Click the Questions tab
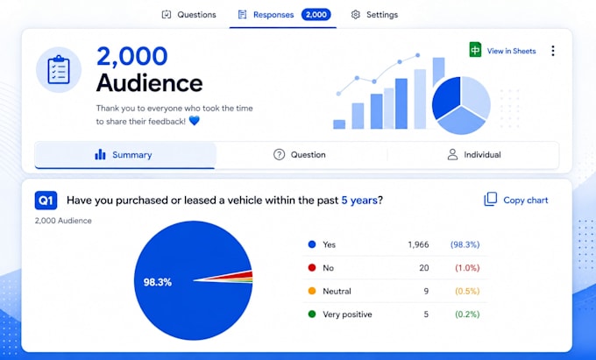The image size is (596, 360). [x=189, y=15]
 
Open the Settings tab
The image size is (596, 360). [x=374, y=15]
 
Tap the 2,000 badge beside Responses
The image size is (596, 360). [x=316, y=15]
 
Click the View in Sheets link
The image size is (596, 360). [x=502, y=51]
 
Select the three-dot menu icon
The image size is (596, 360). [x=553, y=51]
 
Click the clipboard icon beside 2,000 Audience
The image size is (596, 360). [x=59, y=70]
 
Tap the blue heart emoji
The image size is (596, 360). [x=195, y=121]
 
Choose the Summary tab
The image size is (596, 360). [x=124, y=155]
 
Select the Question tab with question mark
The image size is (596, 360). [x=300, y=155]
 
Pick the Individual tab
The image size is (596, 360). [x=474, y=155]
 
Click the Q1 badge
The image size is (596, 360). [x=46, y=200]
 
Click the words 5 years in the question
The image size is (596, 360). [x=359, y=200]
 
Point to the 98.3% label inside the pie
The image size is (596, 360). [x=158, y=282]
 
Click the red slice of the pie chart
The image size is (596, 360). [x=239, y=275]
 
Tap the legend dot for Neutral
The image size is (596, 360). [x=312, y=292]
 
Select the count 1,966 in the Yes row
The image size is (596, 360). [x=418, y=244]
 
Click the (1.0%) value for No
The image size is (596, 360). [x=467, y=268]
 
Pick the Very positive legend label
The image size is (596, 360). [x=347, y=314]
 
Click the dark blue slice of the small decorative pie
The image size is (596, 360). [x=447, y=97]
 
